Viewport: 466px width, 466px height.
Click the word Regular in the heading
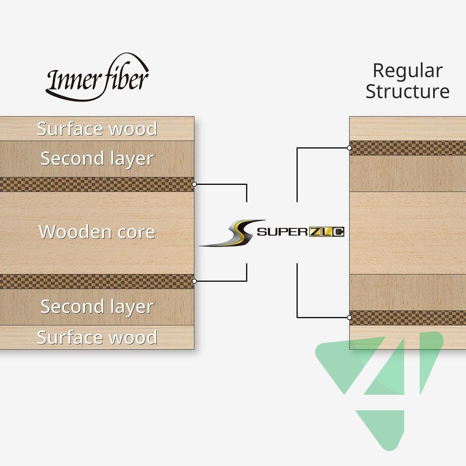click(407, 71)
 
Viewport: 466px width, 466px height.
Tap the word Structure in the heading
click(407, 92)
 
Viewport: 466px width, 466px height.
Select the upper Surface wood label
click(97, 129)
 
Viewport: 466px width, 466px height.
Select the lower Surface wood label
click(97, 337)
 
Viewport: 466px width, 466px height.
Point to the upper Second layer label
click(97, 158)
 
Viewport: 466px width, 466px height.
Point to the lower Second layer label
click(97, 307)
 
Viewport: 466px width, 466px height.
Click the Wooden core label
click(97, 232)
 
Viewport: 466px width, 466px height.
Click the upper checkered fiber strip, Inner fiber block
click(97, 184)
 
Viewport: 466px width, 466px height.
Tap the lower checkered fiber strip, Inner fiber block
click(97, 281)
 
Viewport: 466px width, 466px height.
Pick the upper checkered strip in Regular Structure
click(408, 148)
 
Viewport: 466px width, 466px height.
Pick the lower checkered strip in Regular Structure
click(408, 318)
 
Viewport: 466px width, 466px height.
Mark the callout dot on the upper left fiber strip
click(194, 184)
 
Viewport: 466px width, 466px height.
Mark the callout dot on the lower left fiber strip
click(194, 281)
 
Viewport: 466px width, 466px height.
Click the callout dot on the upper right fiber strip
click(349, 148)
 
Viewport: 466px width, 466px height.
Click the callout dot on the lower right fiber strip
click(349, 318)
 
